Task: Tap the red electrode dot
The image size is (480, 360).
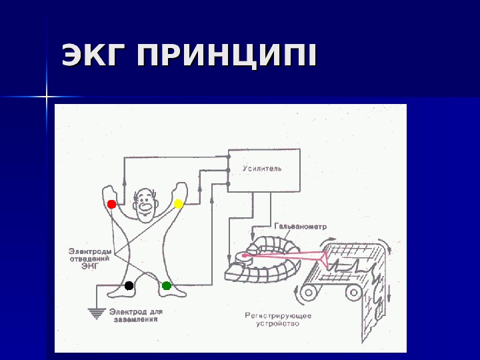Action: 111,204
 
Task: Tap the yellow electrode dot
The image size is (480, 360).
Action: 179,203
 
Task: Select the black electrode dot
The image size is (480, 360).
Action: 129,285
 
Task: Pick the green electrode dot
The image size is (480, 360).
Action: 167,285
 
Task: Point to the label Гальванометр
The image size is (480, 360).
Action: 301,227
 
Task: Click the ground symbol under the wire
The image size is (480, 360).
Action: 97,311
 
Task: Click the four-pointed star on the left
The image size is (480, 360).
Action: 47,97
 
